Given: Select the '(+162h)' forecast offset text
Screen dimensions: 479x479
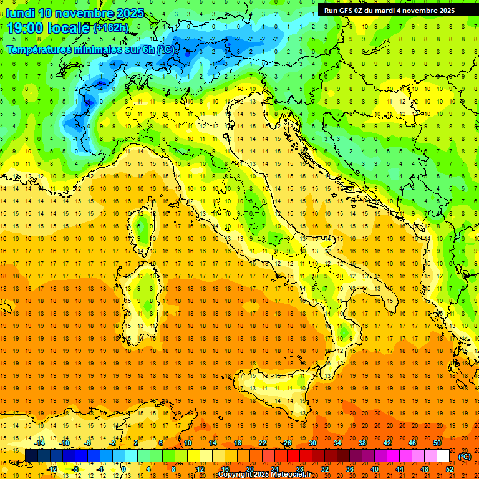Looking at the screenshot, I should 110,28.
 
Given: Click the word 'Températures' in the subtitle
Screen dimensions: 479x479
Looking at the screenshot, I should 37,49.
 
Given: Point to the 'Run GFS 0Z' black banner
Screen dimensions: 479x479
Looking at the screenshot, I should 389,11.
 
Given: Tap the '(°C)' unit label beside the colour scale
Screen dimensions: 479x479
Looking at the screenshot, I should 465,456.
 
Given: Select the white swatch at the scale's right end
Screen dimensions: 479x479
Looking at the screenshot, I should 443,456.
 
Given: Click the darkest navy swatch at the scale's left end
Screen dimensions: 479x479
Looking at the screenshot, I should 31,456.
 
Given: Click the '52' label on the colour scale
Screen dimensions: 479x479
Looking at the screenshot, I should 450,469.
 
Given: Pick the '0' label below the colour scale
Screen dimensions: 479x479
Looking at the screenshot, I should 123,469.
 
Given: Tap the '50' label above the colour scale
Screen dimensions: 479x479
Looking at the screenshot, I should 437,442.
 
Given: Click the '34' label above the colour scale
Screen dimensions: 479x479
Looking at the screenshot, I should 337,442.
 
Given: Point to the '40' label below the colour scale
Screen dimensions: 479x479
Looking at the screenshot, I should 375,469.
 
